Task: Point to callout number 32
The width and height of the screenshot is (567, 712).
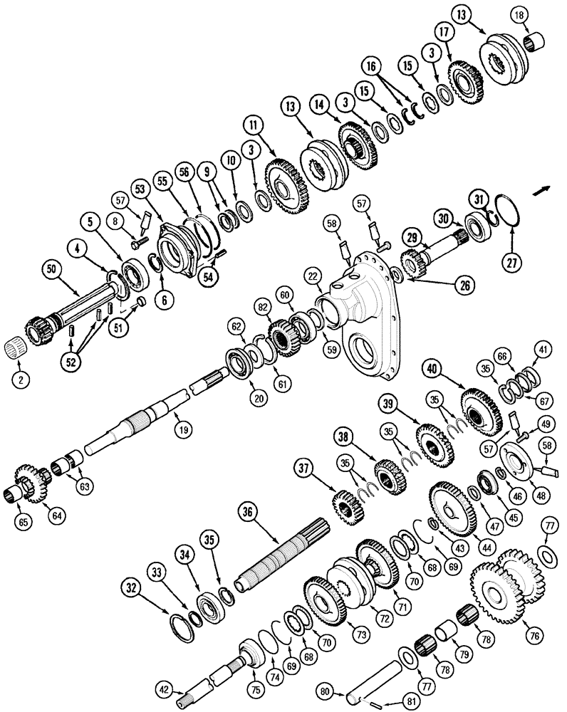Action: [x=131, y=588]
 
